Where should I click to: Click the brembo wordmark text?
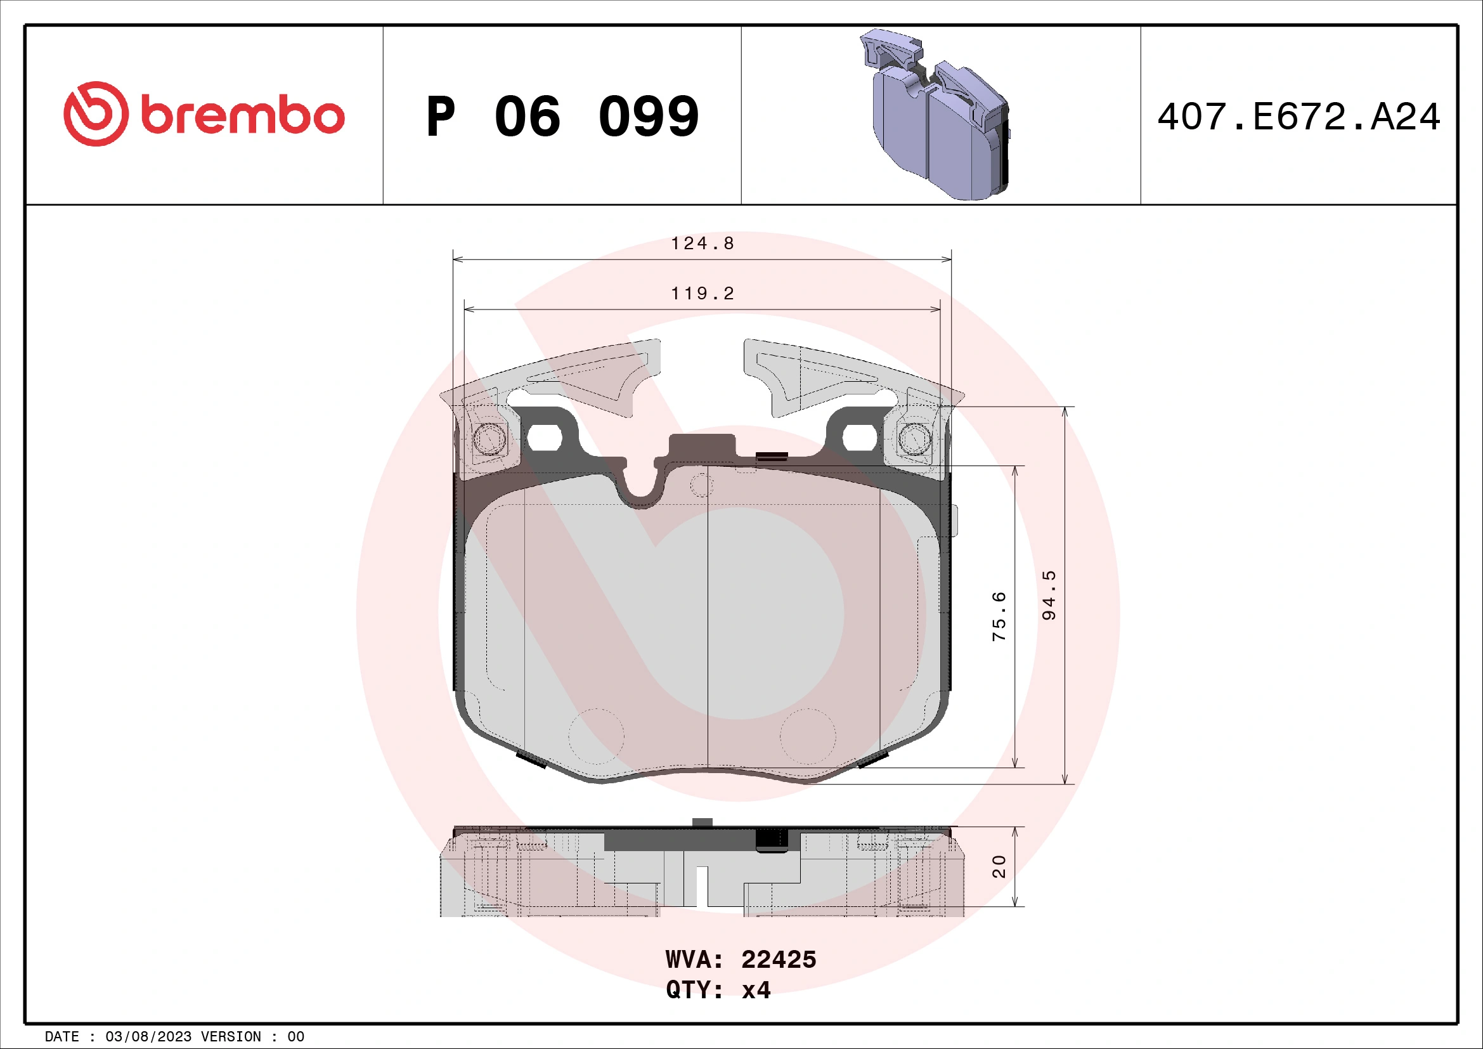pyautogui.click(x=242, y=115)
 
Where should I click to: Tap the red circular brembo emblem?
pyautogui.click(x=96, y=114)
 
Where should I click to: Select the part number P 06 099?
pyautogui.click(x=562, y=117)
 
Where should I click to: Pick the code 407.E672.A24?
pyautogui.click(x=1298, y=117)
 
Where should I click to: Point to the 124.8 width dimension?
pyautogui.click(x=702, y=244)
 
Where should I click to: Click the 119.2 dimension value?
pyautogui.click(x=702, y=294)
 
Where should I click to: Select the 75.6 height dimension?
pyautogui.click(x=999, y=616)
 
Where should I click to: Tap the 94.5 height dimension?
pyautogui.click(x=1049, y=595)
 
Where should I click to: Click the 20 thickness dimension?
pyautogui.click(x=999, y=866)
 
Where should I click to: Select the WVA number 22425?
pyautogui.click(x=779, y=960)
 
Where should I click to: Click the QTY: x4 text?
pyautogui.click(x=718, y=989)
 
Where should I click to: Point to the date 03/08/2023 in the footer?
pyautogui.click(x=148, y=1037)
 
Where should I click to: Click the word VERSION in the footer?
pyautogui.click(x=231, y=1037)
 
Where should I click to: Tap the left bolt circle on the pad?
pyautogui.click(x=489, y=440)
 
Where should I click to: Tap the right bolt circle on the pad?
pyautogui.click(x=915, y=440)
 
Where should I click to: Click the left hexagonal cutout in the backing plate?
pyautogui.click(x=544, y=438)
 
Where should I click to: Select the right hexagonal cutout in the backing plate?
pyautogui.click(x=860, y=438)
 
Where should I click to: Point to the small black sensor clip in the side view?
pyautogui.click(x=772, y=839)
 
